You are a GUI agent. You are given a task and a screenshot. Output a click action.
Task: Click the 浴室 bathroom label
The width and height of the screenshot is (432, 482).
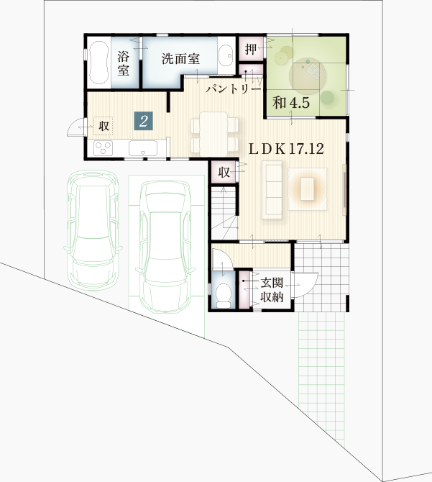(x=123, y=64)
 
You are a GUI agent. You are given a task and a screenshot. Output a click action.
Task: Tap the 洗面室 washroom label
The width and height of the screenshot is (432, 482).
(x=180, y=58)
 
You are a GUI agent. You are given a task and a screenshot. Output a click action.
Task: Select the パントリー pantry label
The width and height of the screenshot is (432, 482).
(x=234, y=89)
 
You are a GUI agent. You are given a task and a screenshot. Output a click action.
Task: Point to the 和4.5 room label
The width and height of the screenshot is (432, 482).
(x=291, y=103)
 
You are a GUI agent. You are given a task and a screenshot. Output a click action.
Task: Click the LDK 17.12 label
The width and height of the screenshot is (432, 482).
(x=286, y=149)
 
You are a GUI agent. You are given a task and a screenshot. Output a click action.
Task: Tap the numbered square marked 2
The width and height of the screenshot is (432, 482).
(x=143, y=122)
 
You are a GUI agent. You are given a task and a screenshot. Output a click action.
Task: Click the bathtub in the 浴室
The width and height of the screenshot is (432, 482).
(x=99, y=63)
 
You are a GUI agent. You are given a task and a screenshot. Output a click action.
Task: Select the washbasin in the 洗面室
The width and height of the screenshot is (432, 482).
(x=226, y=56)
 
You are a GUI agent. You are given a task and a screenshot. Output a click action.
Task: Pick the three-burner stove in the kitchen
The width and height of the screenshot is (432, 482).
(x=104, y=148)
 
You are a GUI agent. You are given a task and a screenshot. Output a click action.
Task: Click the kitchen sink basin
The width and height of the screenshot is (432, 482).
(x=143, y=148)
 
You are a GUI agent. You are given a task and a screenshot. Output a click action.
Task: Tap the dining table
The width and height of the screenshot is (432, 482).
(x=213, y=134)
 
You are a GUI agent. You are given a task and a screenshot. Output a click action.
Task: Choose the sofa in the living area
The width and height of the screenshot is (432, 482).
(x=272, y=190)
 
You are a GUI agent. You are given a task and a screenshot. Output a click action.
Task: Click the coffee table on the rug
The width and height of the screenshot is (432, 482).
(x=308, y=188)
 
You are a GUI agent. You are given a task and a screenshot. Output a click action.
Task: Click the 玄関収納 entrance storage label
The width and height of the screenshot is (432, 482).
(x=272, y=290)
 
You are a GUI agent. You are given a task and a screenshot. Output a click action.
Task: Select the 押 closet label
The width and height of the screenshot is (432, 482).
(x=251, y=49)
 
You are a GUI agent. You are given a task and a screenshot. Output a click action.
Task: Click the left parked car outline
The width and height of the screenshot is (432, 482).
(x=93, y=230)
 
